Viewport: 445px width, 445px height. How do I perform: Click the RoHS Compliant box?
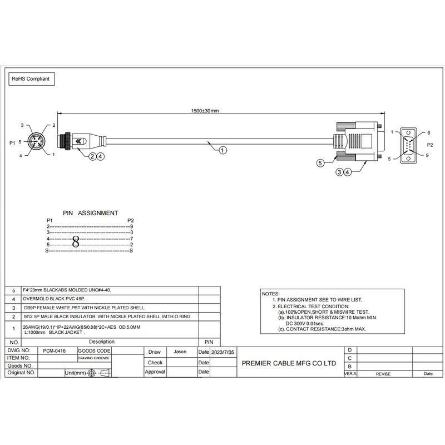pyautogui.click(x=31, y=80)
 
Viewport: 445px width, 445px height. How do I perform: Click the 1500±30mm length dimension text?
pyautogui.click(x=205, y=111)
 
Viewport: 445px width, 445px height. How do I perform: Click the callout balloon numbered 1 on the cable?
pyautogui.click(x=221, y=150)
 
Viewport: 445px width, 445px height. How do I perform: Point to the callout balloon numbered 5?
pyautogui.click(x=320, y=163)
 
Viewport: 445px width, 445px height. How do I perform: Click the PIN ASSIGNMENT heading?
pyautogui.click(x=90, y=212)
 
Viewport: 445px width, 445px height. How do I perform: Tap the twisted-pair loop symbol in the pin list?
pyautogui.click(x=76, y=241)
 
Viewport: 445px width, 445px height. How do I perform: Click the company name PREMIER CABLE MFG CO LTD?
pyautogui.click(x=290, y=363)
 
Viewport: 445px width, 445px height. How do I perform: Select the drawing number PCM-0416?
pyautogui.click(x=55, y=352)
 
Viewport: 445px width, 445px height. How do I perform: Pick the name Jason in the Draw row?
pyautogui.click(x=180, y=352)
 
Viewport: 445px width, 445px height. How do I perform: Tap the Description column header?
pyautogui.click(x=101, y=342)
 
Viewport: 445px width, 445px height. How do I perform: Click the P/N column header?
pyautogui.click(x=209, y=342)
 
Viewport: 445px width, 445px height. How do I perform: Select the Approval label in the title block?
pyautogui.click(x=155, y=372)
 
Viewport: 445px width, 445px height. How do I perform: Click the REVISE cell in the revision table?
pyautogui.click(x=383, y=374)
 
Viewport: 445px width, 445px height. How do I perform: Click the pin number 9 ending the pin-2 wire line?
pyautogui.click(x=131, y=227)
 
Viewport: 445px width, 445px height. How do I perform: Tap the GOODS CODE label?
pyautogui.click(x=93, y=352)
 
